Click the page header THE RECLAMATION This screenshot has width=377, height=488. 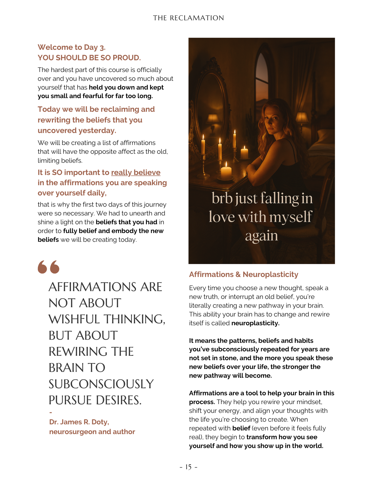(x=188, y=18)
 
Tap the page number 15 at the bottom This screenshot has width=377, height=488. (x=188, y=467)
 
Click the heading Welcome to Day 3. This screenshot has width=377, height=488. (x=71, y=47)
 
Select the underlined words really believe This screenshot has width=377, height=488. (x=136, y=172)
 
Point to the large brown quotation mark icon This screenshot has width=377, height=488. (x=49, y=267)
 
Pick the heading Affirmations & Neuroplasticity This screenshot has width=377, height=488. (x=243, y=274)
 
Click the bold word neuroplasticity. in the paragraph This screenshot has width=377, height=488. (x=255, y=323)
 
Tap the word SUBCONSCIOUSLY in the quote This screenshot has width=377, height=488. (x=101, y=384)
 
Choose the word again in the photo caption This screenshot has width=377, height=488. (x=261, y=236)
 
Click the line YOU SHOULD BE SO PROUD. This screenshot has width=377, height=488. (x=89, y=58)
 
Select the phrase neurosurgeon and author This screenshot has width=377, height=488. (x=92, y=432)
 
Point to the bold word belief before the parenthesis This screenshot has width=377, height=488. (x=241, y=428)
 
